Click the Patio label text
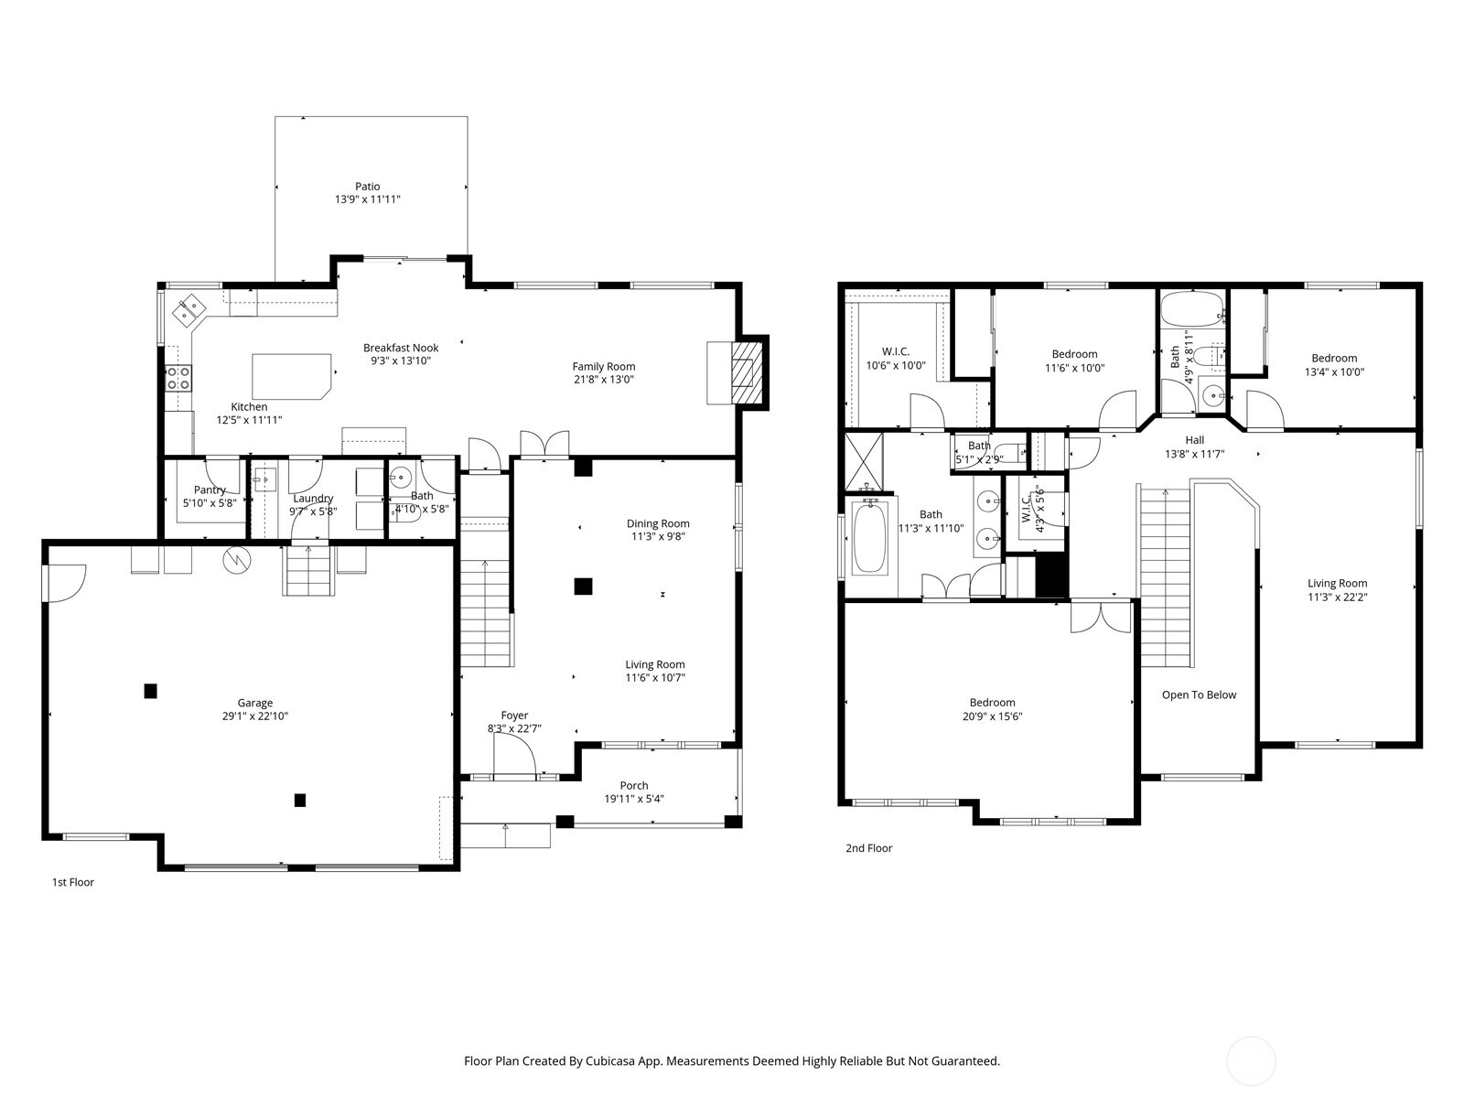click(367, 187)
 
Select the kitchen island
click(291, 375)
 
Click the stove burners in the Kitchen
click(178, 378)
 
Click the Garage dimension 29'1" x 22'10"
click(254, 716)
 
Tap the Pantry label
click(210, 490)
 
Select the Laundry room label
click(313, 499)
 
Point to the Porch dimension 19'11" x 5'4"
click(634, 799)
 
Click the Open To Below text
click(1199, 695)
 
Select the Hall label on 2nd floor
click(1194, 440)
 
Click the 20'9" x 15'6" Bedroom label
click(993, 703)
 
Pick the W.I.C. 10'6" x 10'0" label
click(896, 351)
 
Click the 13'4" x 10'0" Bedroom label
click(1334, 359)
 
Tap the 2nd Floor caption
click(868, 848)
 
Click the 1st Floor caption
click(72, 883)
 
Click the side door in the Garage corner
click(64, 582)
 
